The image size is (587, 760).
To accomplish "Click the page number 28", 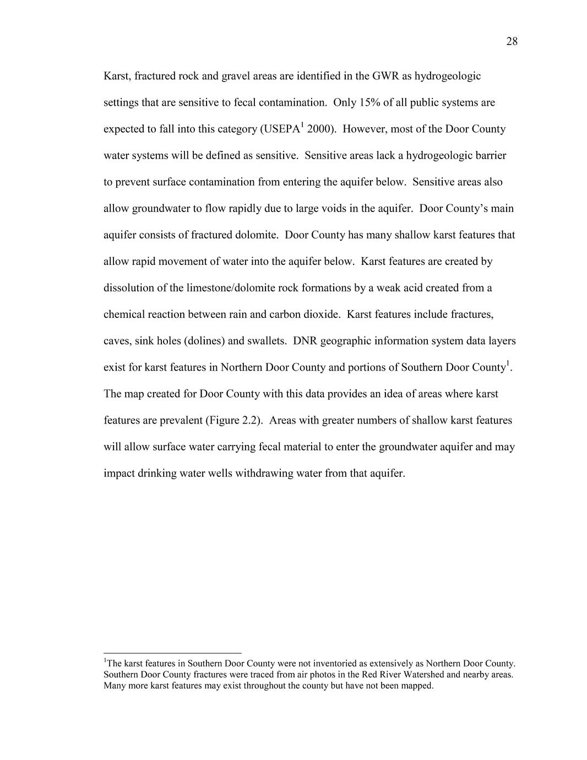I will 512,42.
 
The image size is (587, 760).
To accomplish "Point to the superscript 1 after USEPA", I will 302,126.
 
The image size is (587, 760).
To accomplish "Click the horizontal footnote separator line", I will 172,653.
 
